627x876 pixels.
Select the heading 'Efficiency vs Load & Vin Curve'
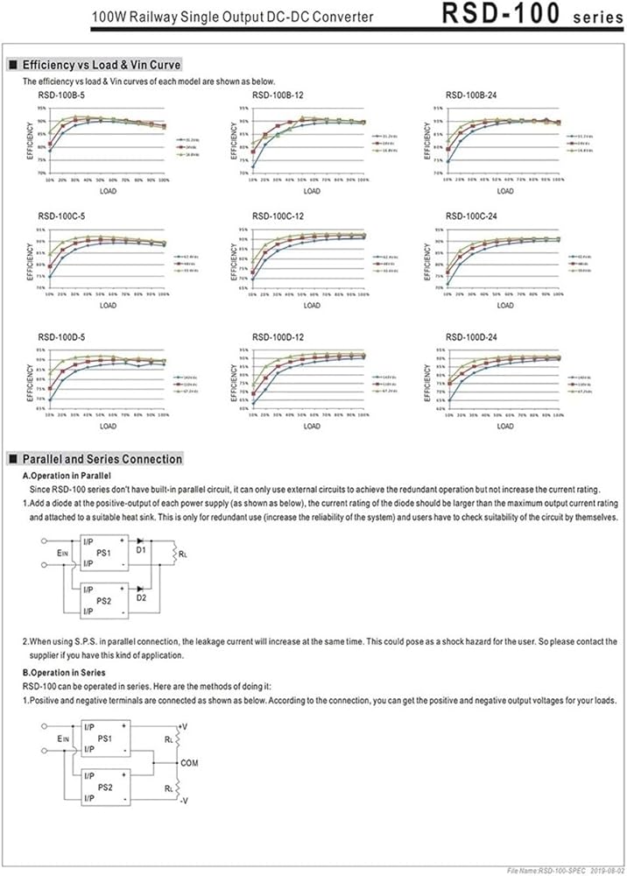[x=102, y=65]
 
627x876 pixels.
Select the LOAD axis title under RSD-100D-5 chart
[x=108, y=427]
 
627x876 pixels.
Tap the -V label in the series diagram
[x=182, y=799]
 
